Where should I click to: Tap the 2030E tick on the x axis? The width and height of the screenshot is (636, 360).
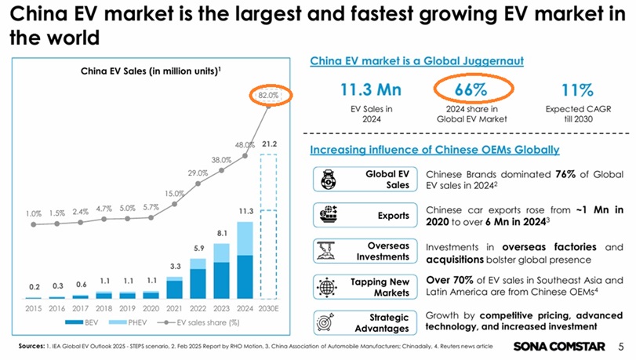269,308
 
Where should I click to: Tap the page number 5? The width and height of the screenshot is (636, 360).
620,345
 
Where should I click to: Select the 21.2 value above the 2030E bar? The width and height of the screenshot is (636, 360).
269,145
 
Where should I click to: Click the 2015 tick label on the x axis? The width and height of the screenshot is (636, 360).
34,308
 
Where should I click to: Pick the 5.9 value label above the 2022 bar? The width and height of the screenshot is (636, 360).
198,249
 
